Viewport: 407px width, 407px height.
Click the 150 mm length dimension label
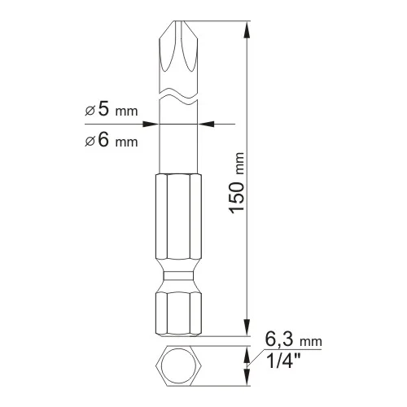tap(238, 183)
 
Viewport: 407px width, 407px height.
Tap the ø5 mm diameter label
tap(112, 109)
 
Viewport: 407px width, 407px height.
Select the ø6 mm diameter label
tap(112, 140)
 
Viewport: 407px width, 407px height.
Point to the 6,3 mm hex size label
tap(293, 339)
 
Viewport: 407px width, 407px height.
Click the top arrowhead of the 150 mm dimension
tap(247, 30)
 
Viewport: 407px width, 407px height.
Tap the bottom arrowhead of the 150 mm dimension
tap(247, 327)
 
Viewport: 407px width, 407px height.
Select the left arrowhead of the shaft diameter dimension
tap(151, 124)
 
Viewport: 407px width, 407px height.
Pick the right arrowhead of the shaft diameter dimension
tap(206, 124)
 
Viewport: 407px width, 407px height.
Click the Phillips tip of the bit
tap(178, 46)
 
